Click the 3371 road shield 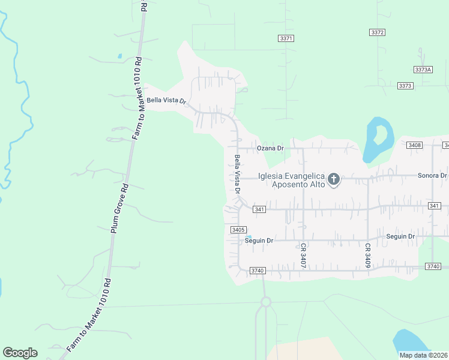(286, 38)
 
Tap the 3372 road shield (378, 32)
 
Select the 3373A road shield (423, 70)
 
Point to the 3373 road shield (405, 86)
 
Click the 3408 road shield (414, 145)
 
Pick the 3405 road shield (238, 230)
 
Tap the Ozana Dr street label (270, 148)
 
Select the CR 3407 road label (304, 255)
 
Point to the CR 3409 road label (367, 255)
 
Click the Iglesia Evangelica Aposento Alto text (291, 180)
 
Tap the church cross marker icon (334, 179)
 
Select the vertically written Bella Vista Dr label (238, 174)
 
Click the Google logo (20, 352)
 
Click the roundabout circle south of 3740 (265, 302)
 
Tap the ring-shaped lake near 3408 (378, 139)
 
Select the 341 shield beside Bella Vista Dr (259, 209)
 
